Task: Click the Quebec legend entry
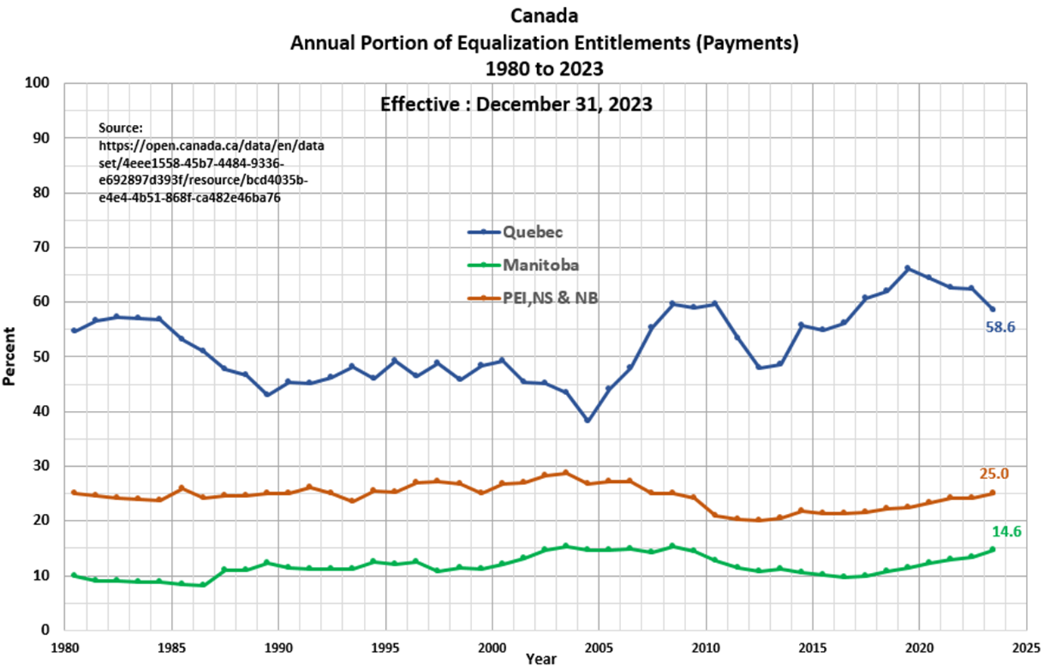click(533, 232)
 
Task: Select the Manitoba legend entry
click(540, 265)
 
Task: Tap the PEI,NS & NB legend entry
click(550, 297)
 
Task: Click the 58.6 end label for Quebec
click(1000, 328)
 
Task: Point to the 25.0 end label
click(994, 474)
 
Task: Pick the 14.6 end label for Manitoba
click(1006, 532)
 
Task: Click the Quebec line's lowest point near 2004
click(587, 420)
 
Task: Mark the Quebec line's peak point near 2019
click(907, 269)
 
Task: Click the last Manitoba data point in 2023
click(993, 549)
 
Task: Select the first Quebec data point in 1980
click(73, 331)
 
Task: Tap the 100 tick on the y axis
click(41, 83)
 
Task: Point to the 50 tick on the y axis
click(44, 356)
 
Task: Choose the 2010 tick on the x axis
click(706, 648)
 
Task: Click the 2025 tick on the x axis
click(1026, 648)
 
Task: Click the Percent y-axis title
click(9, 356)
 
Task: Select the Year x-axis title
click(541, 659)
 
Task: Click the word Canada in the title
click(544, 16)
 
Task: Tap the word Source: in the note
click(120, 128)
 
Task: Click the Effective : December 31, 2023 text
click(516, 104)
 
